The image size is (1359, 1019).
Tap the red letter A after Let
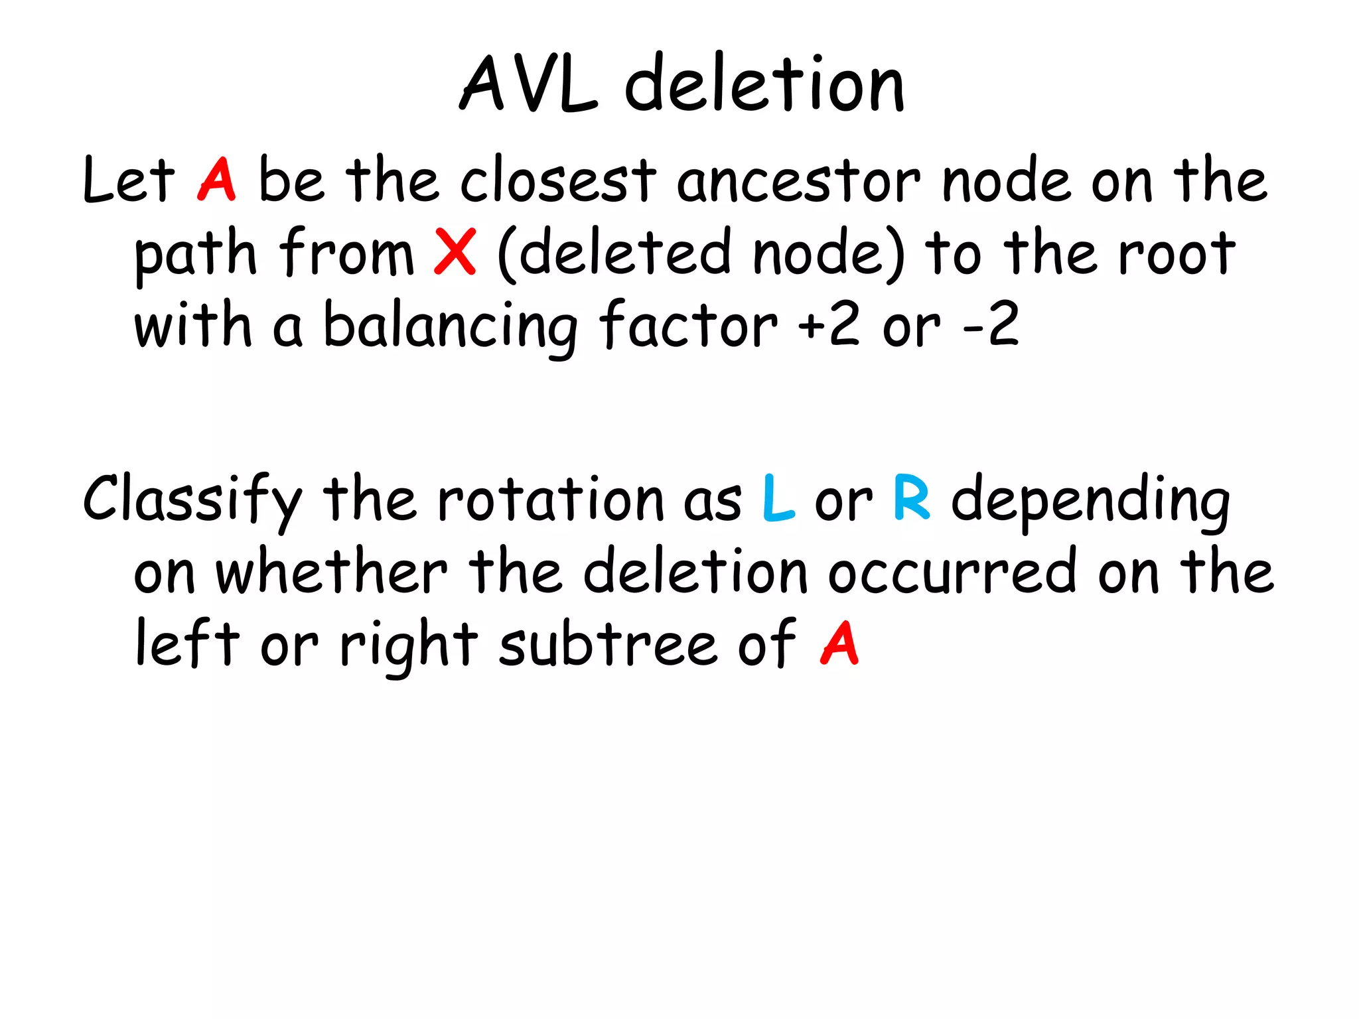pyautogui.click(x=216, y=179)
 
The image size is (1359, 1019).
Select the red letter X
pyautogui.click(x=455, y=251)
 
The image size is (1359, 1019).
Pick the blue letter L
pyautogui.click(x=778, y=499)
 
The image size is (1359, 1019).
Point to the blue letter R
pyautogui.click(x=912, y=499)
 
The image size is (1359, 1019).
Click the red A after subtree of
pyautogui.click(x=839, y=643)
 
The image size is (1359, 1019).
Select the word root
pyautogui.click(x=1177, y=253)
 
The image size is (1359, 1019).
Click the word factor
pyautogui.click(x=687, y=324)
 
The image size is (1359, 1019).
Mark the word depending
pyautogui.click(x=1091, y=502)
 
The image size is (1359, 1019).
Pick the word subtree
pyautogui.click(x=608, y=644)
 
